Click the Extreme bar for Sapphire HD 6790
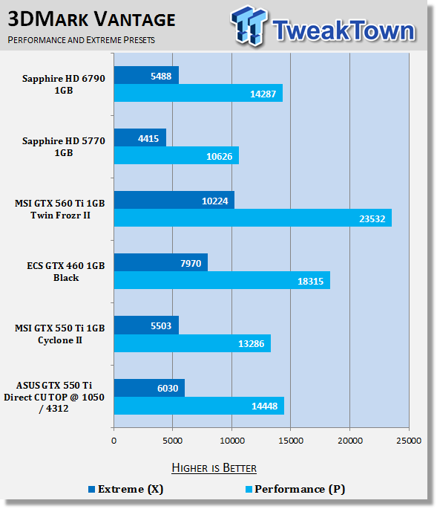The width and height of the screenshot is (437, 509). point(146,75)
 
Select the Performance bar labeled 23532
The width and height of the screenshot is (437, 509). point(253,218)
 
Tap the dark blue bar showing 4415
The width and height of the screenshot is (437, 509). point(140,137)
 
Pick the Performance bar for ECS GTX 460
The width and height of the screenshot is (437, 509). point(222,280)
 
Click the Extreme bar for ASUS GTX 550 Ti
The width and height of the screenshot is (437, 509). point(149,388)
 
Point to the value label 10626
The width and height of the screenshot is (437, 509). point(219,157)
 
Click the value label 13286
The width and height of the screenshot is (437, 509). point(252,344)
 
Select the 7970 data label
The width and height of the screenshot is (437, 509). point(191,263)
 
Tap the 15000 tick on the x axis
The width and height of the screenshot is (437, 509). point(291,441)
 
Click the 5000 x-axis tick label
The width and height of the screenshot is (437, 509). point(172,441)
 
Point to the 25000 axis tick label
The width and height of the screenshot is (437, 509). point(409,441)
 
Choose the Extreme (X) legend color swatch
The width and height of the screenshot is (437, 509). point(92,489)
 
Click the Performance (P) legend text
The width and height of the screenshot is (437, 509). point(300,489)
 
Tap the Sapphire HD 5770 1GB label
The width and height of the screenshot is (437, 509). point(64,146)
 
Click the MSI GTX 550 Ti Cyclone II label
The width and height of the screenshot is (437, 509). point(60,334)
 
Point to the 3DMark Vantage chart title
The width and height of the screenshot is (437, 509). point(91,19)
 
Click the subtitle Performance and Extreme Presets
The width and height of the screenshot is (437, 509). point(82,40)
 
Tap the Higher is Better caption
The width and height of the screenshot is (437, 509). point(214,468)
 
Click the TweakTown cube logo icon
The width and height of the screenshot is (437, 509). point(249,25)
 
